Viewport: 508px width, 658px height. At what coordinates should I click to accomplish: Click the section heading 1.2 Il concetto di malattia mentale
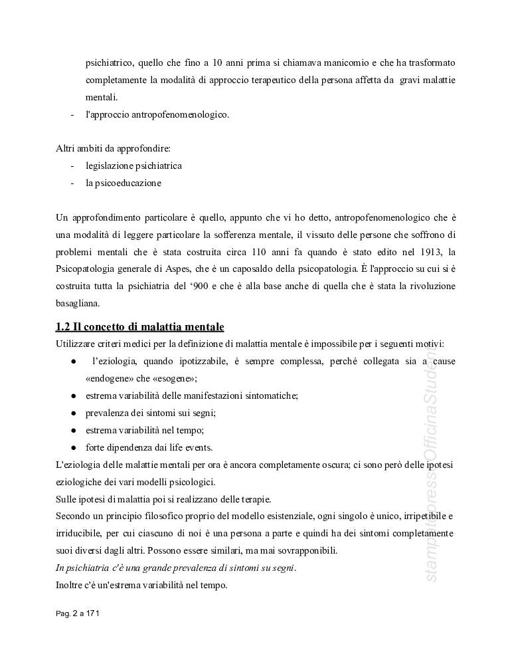point(140,327)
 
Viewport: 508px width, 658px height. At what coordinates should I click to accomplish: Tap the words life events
point(189,447)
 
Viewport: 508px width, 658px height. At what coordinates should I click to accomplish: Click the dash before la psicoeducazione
point(72,183)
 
